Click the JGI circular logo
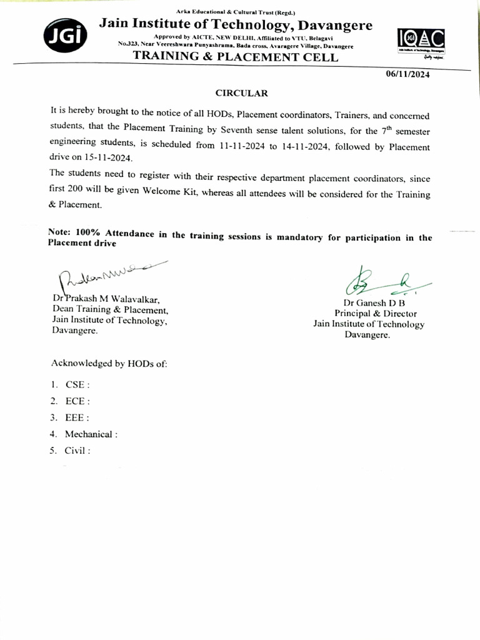pos(62,36)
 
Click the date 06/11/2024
pos(407,74)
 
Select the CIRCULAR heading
pos(241,93)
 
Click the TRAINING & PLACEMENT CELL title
pos(236,57)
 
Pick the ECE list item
pos(77,402)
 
